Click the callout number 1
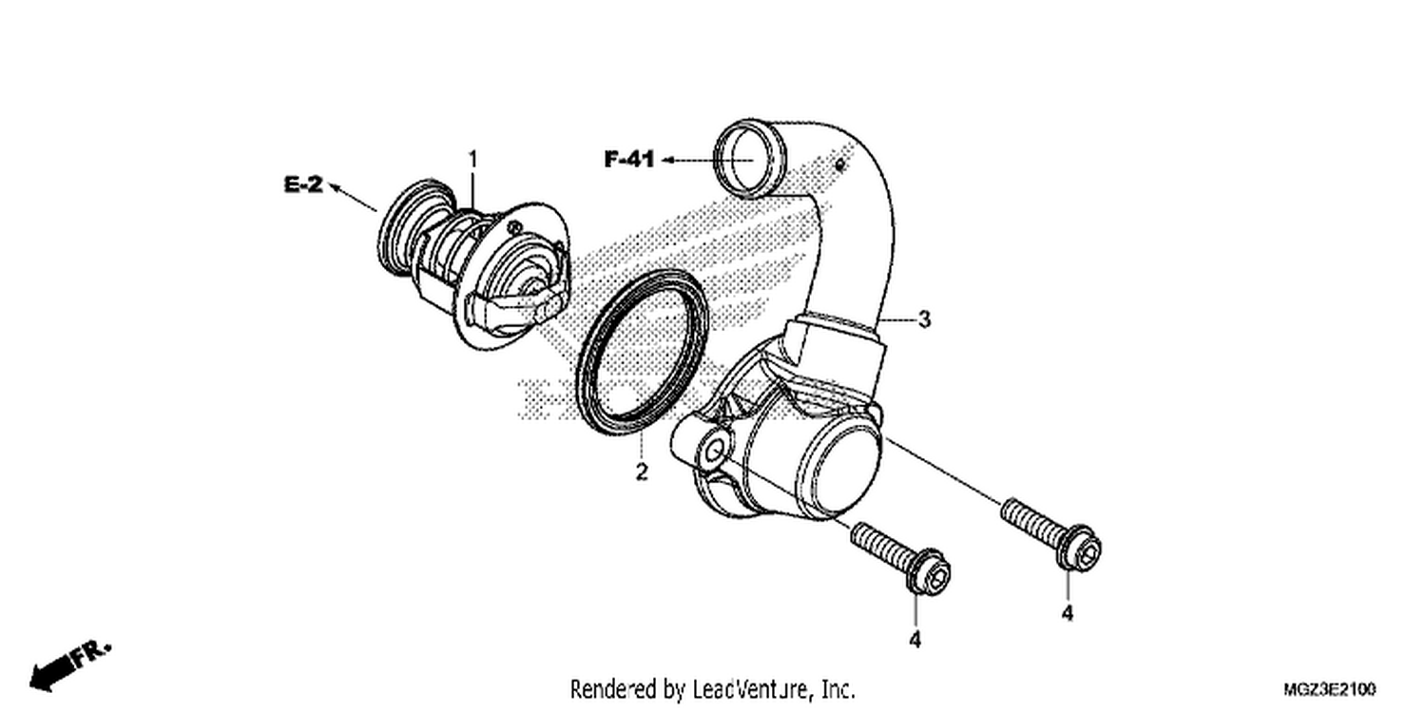[x=472, y=159]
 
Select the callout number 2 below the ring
[x=641, y=472]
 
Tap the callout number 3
[x=924, y=318]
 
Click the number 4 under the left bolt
[x=915, y=639]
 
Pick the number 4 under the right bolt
[x=1068, y=613]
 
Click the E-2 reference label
[x=303, y=184]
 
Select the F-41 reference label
[x=629, y=159]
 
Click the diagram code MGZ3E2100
[x=1329, y=689]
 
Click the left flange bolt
[x=900, y=559]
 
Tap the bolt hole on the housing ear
[x=713, y=452]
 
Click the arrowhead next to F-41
[x=667, y=159]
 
